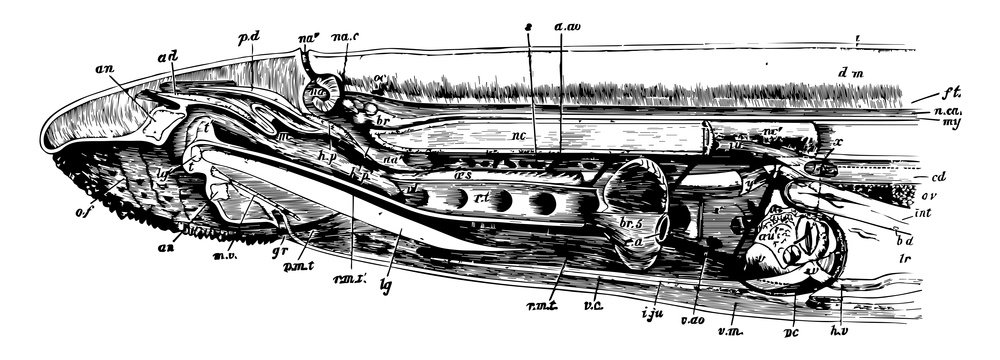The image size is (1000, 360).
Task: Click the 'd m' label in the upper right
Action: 851,72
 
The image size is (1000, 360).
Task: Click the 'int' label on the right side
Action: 925,213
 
